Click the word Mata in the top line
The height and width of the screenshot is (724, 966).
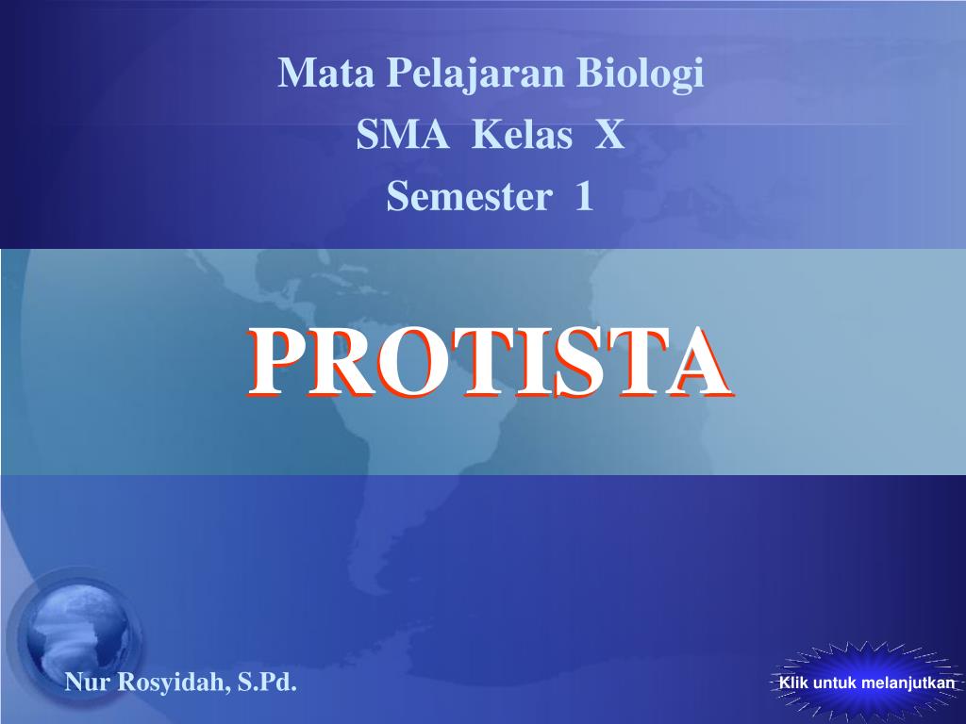coord(326,73)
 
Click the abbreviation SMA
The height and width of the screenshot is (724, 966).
coord(402,134)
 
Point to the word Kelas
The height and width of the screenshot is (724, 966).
coord(523,134)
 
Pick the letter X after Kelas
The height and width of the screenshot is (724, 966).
coord(610,134)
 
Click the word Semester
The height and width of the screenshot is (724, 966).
coord(469,196)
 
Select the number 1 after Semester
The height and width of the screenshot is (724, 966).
coord(584,196)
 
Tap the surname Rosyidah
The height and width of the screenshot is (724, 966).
coord(171,683)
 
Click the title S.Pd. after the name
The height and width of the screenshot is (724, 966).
coord(267,683)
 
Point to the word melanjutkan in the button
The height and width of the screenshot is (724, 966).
coord(908,683)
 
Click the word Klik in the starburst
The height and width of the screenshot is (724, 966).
coord(793,683)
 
